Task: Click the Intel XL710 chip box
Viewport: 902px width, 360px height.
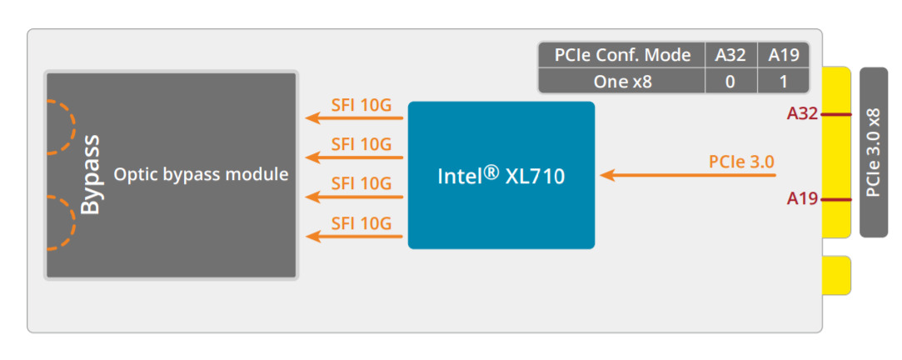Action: coord(501,175)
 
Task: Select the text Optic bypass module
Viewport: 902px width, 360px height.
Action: coord(201,175)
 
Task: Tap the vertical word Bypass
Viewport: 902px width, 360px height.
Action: coord(90,174)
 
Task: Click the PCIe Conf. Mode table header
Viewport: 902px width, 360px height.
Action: coord(622,56)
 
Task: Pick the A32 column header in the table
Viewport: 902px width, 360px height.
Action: coord(730,56)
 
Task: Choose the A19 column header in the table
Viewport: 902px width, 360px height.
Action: coord(783,56)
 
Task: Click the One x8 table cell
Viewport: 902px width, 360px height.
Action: coord(622,82)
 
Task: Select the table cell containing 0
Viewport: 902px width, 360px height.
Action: coord(730,82)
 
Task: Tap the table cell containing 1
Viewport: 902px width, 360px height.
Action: coord(783,82)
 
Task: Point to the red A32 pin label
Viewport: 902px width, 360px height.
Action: coord(803,114)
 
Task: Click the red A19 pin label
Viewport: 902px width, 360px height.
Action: coord(803,199)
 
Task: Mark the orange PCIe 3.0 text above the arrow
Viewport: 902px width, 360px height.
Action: coord(742,162)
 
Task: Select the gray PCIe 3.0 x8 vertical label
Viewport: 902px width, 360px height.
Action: coord(873,152)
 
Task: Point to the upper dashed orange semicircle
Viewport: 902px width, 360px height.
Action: coord(60,127)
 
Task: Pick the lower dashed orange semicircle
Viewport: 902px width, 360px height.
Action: coord(60,223)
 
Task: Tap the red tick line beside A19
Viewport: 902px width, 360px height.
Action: coord(835,199)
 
